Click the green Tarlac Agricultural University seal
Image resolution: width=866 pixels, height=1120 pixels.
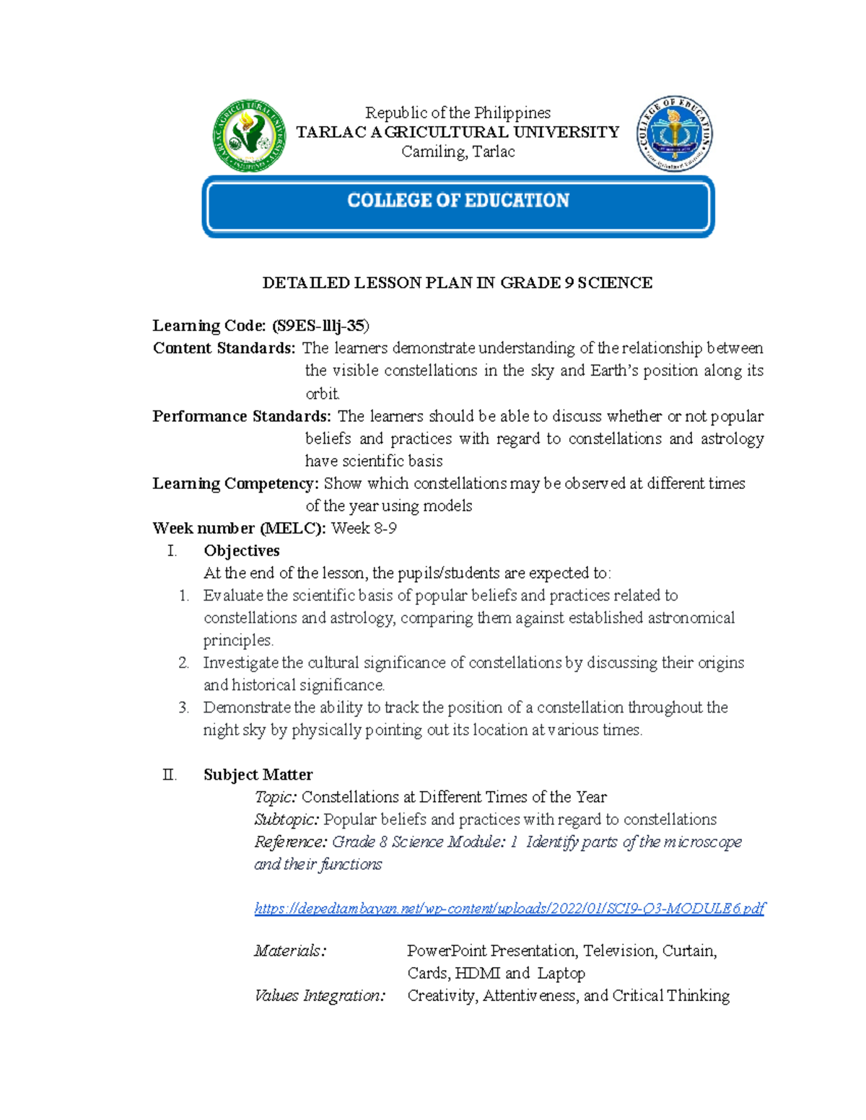(249, 136)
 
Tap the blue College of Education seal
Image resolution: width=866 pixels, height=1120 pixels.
(675, 134)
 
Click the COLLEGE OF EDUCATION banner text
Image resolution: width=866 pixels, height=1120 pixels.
(458, 200)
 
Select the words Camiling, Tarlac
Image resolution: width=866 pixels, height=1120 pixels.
(458, 151)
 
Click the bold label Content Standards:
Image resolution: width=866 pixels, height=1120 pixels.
(224, 348)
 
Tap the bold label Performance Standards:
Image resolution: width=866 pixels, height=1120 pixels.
(242, 416)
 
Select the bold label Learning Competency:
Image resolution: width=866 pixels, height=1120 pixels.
(235, 483)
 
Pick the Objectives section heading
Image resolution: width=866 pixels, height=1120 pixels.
(242, 551)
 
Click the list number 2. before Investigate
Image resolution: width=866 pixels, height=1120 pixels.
(183, 663)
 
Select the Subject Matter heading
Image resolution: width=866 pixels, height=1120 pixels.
(258, 775)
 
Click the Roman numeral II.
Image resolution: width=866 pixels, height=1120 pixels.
(169, 775)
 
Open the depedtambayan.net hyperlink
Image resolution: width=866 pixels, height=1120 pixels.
(509, 908)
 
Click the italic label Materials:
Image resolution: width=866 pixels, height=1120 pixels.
(290, 951)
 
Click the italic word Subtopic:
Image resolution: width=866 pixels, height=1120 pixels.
(287, 819)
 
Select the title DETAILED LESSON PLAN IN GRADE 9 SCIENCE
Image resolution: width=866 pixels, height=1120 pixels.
(458, 283)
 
